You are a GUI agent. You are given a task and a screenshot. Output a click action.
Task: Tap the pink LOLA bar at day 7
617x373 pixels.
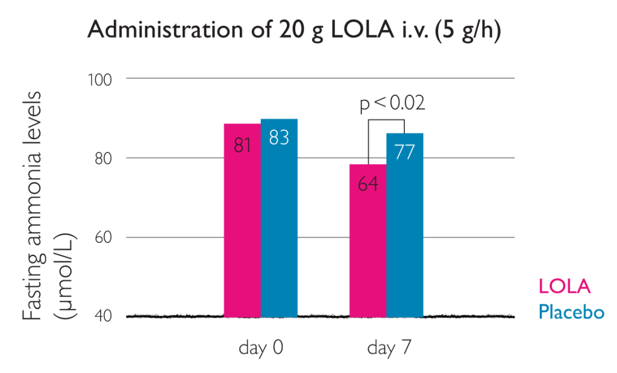(368, 253)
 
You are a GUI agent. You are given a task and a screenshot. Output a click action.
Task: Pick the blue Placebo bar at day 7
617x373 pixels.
(404, 241)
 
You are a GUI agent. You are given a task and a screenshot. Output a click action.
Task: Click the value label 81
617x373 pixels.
(242, 145)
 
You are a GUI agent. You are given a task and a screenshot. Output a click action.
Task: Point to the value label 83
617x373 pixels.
(279, 138)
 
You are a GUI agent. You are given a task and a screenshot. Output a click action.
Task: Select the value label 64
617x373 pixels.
(368, 184)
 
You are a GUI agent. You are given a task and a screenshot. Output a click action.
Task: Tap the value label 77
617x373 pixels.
(404, 152)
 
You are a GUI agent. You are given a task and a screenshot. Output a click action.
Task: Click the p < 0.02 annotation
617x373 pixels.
(392, 104)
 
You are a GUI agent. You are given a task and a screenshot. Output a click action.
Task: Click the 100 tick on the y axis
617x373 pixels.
(103, 79)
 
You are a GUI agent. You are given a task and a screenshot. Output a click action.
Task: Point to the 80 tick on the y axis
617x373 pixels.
(106, 158)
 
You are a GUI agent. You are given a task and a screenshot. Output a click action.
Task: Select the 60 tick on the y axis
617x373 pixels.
(106, 237)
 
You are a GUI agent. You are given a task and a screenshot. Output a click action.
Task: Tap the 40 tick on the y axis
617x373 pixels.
(106, 316)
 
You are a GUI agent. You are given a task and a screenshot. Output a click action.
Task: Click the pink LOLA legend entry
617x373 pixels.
(564, 286)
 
